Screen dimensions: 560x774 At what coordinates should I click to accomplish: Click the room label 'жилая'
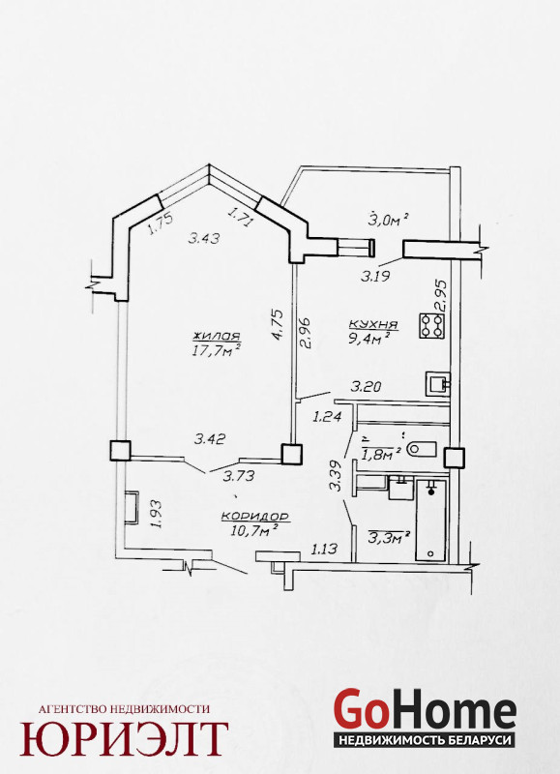pyautogui.click(x=217, y=337)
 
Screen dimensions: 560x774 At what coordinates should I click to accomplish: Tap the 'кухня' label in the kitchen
pyautogui.click(x=373, y=325)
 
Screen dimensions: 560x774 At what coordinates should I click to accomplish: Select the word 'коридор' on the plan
pyautogui.click(x=255, y=517)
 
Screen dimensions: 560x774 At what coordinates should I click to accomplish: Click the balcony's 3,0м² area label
pyautogui.click(x=389, y=221)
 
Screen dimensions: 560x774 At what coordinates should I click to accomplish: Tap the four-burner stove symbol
pyautogui.click(x=431, y=326)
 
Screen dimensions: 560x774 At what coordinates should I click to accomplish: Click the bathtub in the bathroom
pyautogui.click(x=430, y=520)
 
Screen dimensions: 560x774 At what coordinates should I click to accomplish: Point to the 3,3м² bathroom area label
pyautogui.click(x=389, y=537)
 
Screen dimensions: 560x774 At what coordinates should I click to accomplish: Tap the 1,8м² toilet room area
pyautogui.click(x=381, y=453)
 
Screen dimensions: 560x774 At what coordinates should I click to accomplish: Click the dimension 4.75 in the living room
pyautogui.click(x=278, y=324)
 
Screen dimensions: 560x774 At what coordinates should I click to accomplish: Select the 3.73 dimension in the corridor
pyautogui.click(x=239, y=476)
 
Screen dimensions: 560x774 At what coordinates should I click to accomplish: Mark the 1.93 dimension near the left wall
pyautogui.click(x=157, y=514)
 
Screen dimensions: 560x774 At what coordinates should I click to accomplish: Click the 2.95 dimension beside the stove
pyautogui.click(x=441, y=295)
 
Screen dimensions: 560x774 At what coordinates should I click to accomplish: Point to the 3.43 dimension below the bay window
pyautogui.click(x=204, y=238)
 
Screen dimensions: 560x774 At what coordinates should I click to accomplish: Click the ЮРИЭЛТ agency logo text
pyautogui.click(x=124, y=738)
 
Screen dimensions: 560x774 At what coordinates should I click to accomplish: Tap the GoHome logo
pyautogui.click(x=425, y=717)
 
